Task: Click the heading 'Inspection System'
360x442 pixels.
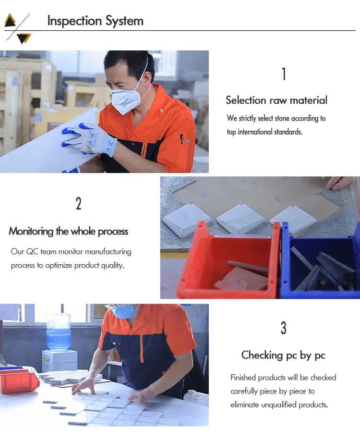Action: (95, 21)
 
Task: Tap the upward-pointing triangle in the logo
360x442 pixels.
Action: (10, 20)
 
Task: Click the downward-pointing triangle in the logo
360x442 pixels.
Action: (24, 38)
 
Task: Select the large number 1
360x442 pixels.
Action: (284, 74)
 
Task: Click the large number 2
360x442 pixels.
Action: (79, 204)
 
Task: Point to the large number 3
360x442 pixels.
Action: (283, 328)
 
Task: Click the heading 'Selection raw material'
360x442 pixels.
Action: (276, 100)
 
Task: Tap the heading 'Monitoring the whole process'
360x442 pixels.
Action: (69, 231)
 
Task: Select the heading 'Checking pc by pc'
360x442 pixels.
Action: (283, 355)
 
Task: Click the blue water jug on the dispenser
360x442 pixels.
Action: (58, 332)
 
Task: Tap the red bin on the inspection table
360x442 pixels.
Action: (18, 381)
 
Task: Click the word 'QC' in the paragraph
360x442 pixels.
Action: (32, 251)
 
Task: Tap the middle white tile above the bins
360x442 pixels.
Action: (240, 219)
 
